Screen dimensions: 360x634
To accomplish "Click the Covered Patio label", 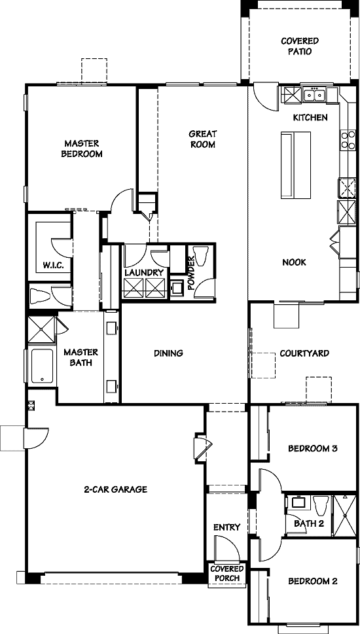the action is [x=300, y=46].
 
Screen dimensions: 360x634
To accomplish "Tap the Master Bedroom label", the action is [x=82, y=149].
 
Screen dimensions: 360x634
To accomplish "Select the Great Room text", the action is [x=202, y=139].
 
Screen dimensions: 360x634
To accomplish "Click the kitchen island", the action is [x=296, y=165].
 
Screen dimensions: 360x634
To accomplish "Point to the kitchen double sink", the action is [x=315, y=95].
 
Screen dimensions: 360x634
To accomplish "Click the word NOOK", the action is [x=294, y=262].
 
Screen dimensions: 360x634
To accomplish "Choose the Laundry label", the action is [x=144, y=272].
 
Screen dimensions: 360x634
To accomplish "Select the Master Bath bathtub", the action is [x=42, y=366].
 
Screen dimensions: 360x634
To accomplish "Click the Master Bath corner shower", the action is [x=41, y=330].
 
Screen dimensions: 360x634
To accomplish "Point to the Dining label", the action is [x=168, y=353].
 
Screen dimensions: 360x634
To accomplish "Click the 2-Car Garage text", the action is [x=115, y=489].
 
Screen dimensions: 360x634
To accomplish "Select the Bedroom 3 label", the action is [x=313, y=448].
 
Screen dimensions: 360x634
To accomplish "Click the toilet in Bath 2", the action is [x=321, y=505].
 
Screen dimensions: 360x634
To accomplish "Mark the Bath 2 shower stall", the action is [x=345, y=516].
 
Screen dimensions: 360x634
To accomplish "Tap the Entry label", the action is [x=227, y=527].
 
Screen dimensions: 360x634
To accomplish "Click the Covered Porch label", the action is [x=227, y=573].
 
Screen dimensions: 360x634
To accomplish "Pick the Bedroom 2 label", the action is [x=313, y=582].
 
